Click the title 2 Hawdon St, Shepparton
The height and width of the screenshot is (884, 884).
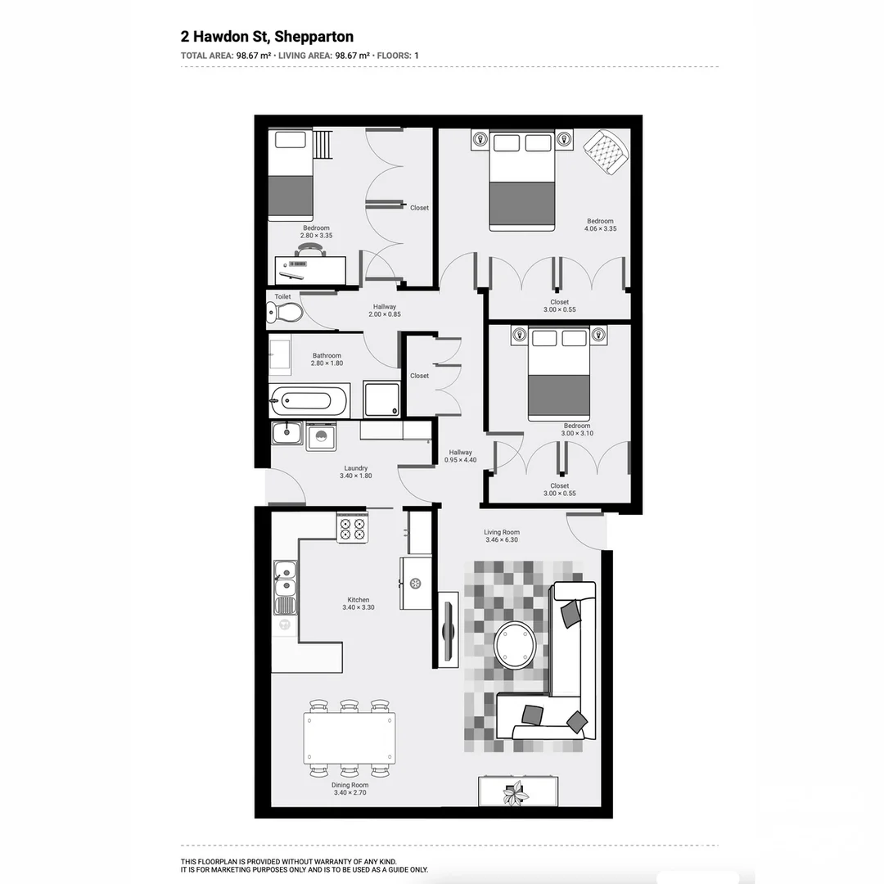pos(267,37)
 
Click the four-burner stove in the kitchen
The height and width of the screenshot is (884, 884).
pos(352,528)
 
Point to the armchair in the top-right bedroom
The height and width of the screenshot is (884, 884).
pos(606,151)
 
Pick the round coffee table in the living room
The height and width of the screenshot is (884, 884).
pos(516,645)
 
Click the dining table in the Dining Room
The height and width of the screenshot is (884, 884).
pos(349,738)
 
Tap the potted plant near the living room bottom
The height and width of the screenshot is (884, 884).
pos(516,793)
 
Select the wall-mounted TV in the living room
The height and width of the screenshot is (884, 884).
pos(448,628)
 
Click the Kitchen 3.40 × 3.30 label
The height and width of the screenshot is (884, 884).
pos(359,604)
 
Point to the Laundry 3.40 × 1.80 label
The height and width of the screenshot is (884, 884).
pos(356,472)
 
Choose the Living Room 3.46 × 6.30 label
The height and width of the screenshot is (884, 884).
pos(502,537)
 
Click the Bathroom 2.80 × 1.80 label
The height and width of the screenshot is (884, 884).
pos(327,359)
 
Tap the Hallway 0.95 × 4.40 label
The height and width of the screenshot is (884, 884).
pos(460,456)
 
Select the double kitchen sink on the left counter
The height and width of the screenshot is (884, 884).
pos(285,577)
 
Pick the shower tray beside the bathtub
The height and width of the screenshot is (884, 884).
pos(381,399)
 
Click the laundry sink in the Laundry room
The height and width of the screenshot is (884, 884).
pos(287,433)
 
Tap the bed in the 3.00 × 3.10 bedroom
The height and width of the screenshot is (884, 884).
pos(559,373)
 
